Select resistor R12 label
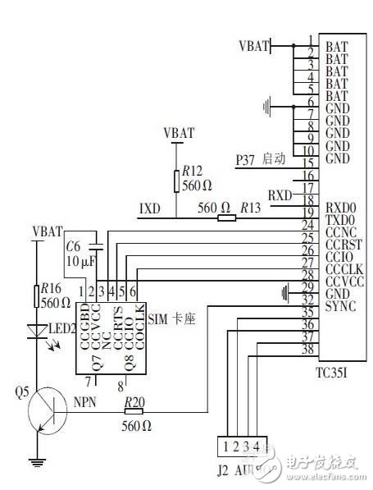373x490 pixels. click(193, 172)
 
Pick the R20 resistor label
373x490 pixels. click(135, 401)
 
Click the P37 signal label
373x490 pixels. click(246, 159)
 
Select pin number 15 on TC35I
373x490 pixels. click(308, 163)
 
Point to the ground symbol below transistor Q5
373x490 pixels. click(36, 461)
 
